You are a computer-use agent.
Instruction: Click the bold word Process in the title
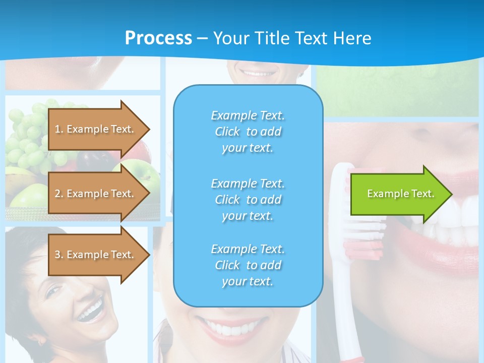pos(158,38)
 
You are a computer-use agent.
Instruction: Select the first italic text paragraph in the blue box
pos(248,132)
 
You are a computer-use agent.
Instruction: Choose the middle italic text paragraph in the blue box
pos(248,200)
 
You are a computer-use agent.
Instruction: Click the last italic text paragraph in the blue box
pos(248,265)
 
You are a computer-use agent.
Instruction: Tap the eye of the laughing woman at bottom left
pos(55,291)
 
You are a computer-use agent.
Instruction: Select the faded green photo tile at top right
pos(398,88)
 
